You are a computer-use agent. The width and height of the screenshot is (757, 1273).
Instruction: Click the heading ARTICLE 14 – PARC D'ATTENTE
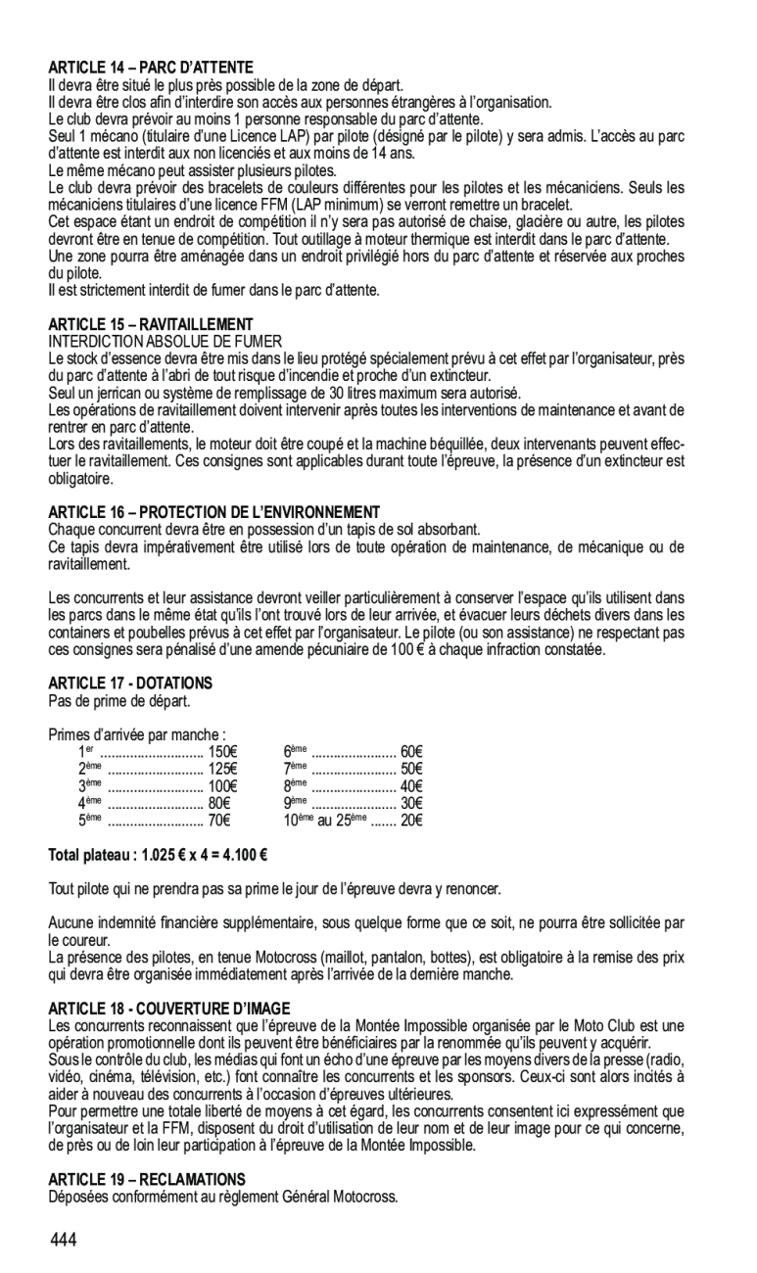(x=151, y=68)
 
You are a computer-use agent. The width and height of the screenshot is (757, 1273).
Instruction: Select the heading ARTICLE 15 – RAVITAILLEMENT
(x=151, y=324)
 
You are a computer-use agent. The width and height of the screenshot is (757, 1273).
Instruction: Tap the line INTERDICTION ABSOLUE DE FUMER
(x=166, y=340)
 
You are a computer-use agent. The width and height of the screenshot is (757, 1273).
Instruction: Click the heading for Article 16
(x=213, y=512)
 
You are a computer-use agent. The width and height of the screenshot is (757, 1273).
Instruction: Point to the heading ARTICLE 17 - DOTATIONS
(x=130, y=682)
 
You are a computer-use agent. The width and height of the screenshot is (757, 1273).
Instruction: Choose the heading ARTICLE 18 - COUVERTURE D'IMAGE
(x=169, y=1008)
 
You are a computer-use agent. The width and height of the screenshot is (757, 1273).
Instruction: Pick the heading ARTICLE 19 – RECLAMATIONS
(x=147, y=1179)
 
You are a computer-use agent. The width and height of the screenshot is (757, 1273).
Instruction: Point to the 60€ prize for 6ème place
(x=411, y=752)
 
